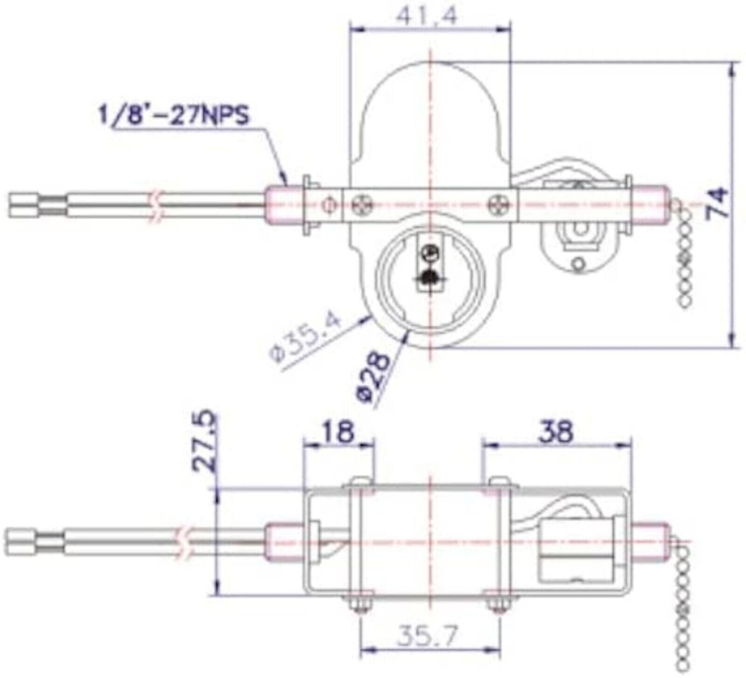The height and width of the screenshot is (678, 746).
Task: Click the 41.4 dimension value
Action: coord(428,14)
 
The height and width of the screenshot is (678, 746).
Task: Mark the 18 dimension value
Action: coord(339,430)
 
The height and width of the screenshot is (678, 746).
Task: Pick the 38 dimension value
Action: coord(555,430)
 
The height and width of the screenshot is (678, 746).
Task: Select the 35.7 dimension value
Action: coord(429,635)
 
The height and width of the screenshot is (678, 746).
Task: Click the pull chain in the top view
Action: coord(684,254)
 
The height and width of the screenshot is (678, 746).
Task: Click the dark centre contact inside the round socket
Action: coord(428,279)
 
